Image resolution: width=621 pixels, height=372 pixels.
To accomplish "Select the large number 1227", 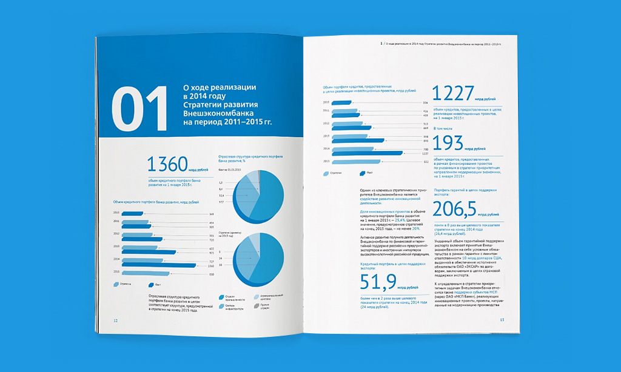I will point(452,93).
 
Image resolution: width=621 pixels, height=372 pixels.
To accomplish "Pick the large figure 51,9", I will point(379,281).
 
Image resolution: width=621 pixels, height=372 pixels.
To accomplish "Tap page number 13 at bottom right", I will point(502,319).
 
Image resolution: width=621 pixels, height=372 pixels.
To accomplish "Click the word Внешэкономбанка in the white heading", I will point(218,112).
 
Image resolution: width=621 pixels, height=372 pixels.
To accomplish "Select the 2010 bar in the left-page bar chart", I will point(133,214).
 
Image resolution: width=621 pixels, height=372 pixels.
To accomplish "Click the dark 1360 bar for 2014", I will point(159,265).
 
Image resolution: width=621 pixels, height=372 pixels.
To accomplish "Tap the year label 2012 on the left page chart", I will point(116,233).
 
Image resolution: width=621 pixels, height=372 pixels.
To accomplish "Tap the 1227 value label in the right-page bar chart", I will point(409,154).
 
